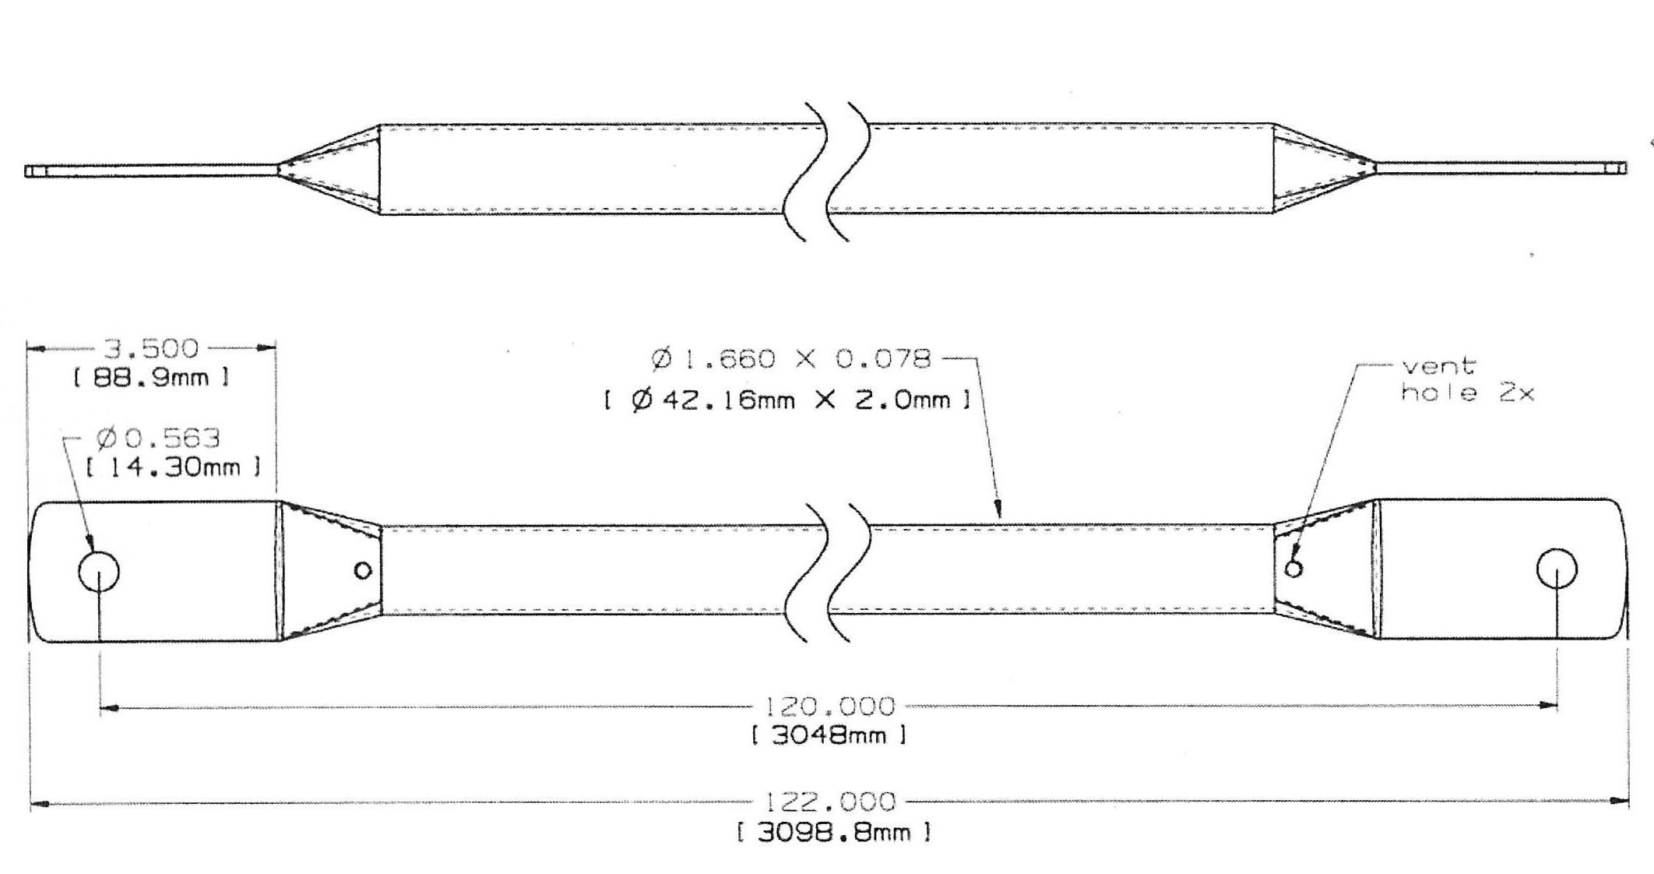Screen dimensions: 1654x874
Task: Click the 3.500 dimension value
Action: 151,348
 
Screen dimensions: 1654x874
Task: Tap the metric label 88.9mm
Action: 151,379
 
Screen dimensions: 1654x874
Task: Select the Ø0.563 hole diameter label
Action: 159,439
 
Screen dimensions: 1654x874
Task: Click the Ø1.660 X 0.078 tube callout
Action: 791,359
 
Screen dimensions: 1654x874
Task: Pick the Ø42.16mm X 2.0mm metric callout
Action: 787,400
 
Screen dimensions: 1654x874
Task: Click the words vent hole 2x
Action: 1467,379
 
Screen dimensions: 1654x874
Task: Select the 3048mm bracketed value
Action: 829,735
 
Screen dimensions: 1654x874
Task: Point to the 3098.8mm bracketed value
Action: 832,833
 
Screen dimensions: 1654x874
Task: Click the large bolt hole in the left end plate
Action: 100,571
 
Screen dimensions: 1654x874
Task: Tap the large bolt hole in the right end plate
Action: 1557,569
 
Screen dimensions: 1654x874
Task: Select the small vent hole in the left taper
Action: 362,571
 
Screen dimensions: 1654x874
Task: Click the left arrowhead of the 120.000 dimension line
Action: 109,708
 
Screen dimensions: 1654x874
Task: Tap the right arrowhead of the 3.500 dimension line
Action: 267,348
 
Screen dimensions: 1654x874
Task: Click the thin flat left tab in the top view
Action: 151,171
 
